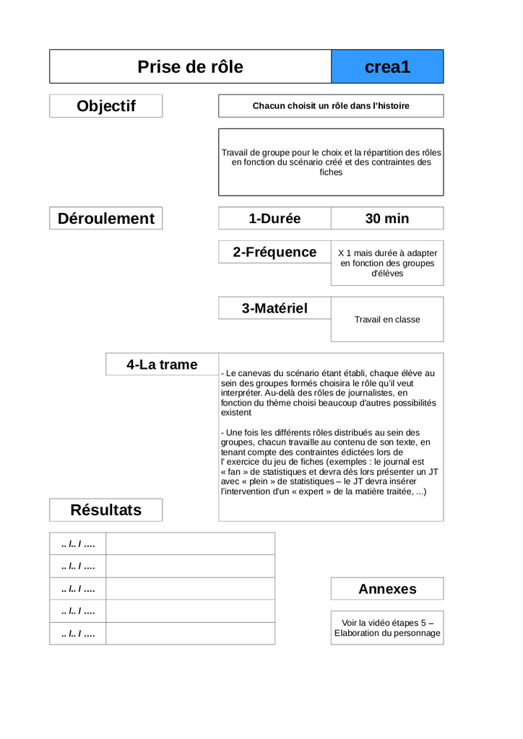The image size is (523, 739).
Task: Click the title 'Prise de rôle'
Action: [190, 67]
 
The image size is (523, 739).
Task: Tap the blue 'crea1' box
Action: [387, 67]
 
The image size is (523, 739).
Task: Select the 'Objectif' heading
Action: [106, 106]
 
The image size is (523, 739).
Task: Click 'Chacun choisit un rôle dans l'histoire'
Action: [331, 106]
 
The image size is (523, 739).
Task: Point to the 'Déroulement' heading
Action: [106, 219]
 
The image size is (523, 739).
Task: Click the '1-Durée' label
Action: [275, 219]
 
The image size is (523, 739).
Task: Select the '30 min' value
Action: [387, 219]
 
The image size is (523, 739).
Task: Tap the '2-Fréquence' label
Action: [275, 252]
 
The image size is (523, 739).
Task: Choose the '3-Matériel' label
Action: [275, 308]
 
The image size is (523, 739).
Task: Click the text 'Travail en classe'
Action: [387, 320]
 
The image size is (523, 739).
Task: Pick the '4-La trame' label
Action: [162, 364]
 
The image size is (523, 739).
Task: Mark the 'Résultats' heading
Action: [106, 510]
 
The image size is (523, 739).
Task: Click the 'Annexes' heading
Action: [387, 589]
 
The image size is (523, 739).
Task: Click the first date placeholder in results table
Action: [78, 544]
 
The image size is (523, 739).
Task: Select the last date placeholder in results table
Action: [78, 634]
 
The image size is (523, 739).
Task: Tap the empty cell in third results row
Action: [190, 589]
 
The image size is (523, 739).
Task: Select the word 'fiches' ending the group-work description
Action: [331, 172]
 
